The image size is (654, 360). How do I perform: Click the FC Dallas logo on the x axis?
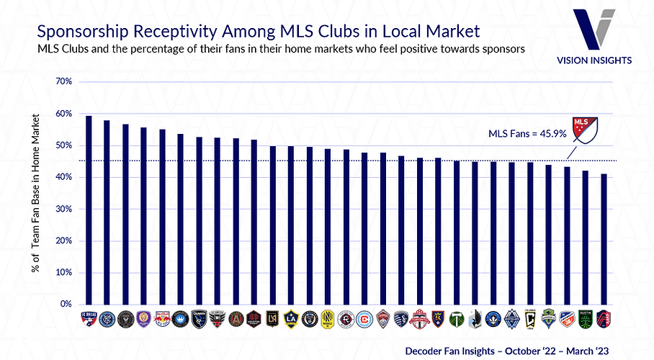click(x=88, y=317)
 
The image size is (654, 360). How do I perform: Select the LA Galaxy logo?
click(x=291, y=317)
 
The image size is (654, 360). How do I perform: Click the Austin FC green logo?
click(x=586, y=317)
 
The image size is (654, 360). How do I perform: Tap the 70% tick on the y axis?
click(x=63, y=82)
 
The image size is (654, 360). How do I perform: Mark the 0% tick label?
click(x=66, y=305)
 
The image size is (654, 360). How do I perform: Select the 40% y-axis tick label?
click(x=63, y=177)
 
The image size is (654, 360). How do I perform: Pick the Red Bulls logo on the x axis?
click(x=162, y=317)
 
